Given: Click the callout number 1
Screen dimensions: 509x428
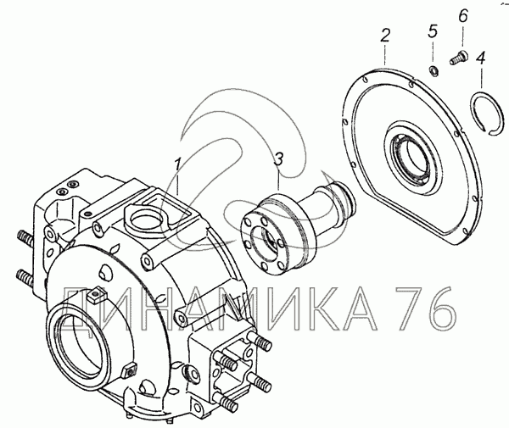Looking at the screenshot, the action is click(177, 164).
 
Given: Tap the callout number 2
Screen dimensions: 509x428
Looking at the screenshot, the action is click(384, 36).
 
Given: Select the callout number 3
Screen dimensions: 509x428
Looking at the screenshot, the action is click(278, 160).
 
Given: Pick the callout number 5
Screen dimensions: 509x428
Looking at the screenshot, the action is click(433, 31).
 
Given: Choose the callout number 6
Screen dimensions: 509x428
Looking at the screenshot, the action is click(463, 15).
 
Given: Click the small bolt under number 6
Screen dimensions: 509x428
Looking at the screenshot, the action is click(458, 57).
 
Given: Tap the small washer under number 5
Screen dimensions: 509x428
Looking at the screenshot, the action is click(433, 70).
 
